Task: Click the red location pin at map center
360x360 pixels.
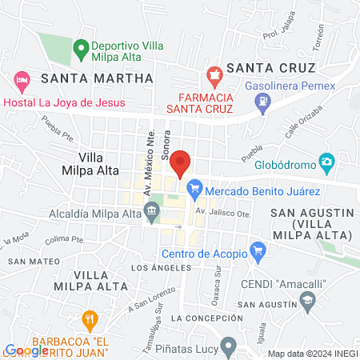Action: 180,162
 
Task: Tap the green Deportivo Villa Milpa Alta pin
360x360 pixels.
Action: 80,48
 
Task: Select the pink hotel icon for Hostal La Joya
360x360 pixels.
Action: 22,80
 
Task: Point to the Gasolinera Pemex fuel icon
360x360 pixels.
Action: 262,101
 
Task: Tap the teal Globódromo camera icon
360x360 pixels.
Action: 326,162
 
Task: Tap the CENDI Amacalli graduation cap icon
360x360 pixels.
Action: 306,300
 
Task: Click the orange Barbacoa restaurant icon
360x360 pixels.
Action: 90,320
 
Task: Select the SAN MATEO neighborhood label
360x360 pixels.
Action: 28,262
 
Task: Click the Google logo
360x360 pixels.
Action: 26,350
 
